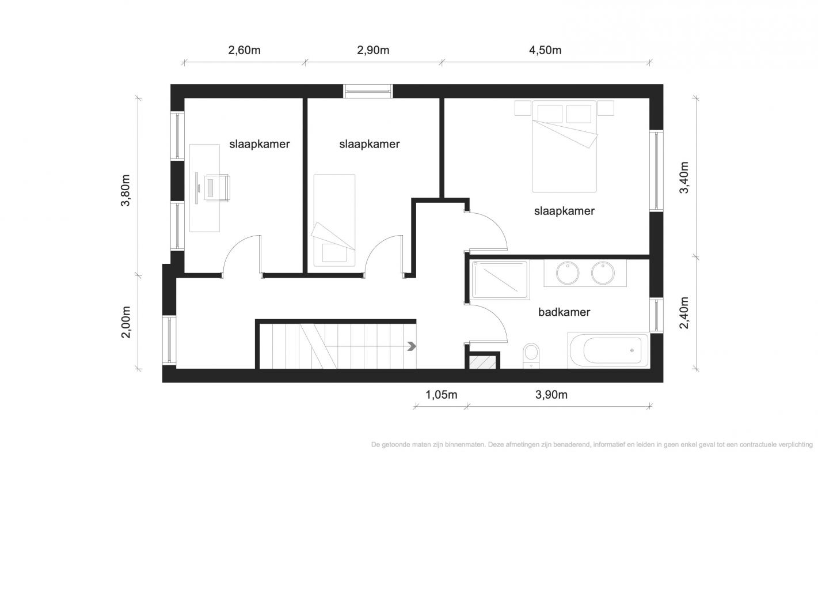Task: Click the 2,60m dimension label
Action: tap(244, 50)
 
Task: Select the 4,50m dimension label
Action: tap(545, 50)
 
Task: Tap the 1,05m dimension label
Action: tap(441, 395)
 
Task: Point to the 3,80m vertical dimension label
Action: tap(125, 191)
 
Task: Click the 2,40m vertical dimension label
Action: tap(684, 313)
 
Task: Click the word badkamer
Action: tap(564, 312)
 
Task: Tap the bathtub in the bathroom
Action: tap(608, 350)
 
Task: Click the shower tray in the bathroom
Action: tap(500, 279)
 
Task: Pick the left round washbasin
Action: tap(568, 273)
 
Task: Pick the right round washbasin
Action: tap(603, 273)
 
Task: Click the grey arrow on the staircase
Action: tap(412, 346)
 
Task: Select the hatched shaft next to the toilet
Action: tap(482, 362)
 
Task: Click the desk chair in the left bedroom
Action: tap(218, 188)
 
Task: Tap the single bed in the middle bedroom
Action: tap(334, 220)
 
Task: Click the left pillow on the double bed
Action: tap(550, 114)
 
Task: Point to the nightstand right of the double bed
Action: tap(606, 108)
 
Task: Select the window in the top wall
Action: tap(368, 91)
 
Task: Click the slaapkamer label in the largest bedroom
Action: tap(564, 211)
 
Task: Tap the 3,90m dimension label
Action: tap(551, 395)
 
